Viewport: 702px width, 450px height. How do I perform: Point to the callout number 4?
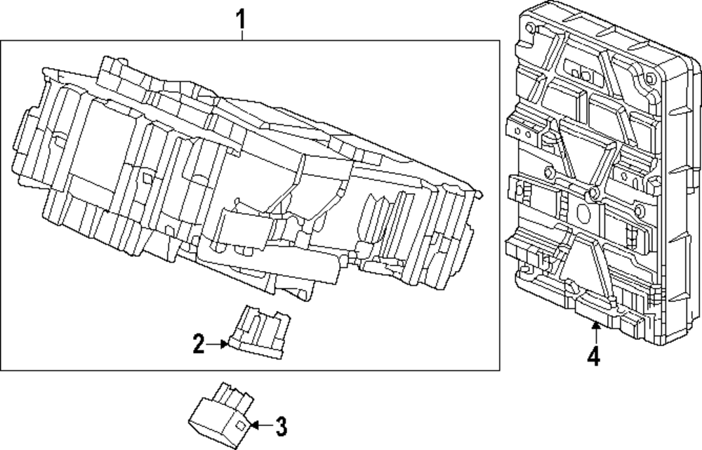[x=594, y=357]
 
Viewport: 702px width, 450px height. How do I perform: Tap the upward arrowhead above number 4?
[x=594, y=324]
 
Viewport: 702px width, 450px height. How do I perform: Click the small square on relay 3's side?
[x=240, y=425]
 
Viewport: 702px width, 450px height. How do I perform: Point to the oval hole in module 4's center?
[x=582, y=213]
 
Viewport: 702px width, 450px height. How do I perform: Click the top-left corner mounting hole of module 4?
[x=531, y=27]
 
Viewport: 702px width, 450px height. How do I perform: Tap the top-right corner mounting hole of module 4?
[x=644, y=78]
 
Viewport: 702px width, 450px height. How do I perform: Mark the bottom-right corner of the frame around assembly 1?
[x=499, y=369]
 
